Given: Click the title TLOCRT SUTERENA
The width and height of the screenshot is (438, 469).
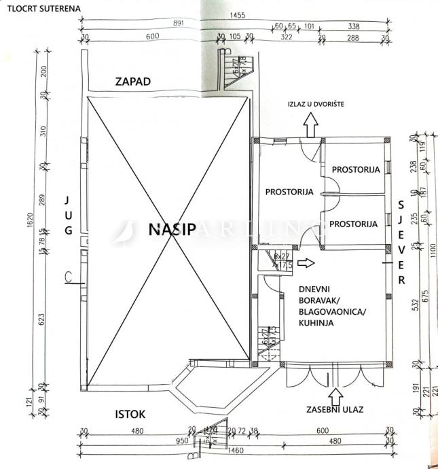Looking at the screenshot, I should tap(40, 7).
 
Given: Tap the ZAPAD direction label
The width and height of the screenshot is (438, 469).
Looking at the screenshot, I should tap(133, 82).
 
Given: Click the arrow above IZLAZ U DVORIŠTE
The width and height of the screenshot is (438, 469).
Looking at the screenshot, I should tap(312, 124).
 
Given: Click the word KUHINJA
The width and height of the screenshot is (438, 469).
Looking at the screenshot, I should tap(316, 324).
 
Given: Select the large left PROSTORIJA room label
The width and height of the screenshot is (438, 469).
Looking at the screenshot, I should tap(290, 192).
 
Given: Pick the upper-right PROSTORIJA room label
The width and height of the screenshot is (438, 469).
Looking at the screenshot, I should tap(355, 170).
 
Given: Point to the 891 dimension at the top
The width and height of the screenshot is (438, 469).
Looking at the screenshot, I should tap(179, 22).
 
